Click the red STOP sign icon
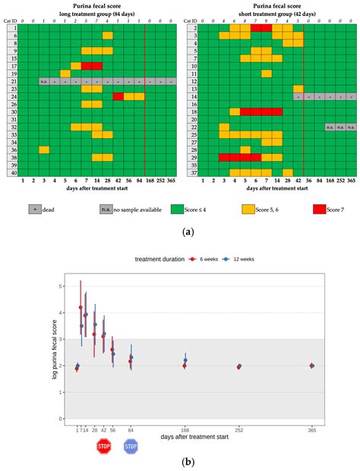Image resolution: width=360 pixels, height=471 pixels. pos(104,447)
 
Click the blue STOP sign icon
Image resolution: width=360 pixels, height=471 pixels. pos(131,447)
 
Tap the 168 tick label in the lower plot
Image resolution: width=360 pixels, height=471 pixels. pos(185,431)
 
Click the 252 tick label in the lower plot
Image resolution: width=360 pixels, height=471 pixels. pos(239,431)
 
